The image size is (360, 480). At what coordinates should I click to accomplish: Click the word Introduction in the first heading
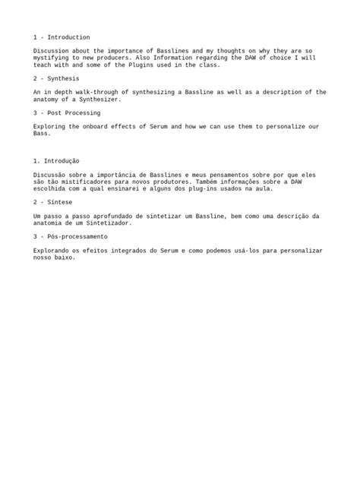(x=69, y=37)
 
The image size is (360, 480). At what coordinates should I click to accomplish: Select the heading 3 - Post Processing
(x=68, y=112)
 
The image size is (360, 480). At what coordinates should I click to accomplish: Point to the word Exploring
(x=50, y=126)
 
